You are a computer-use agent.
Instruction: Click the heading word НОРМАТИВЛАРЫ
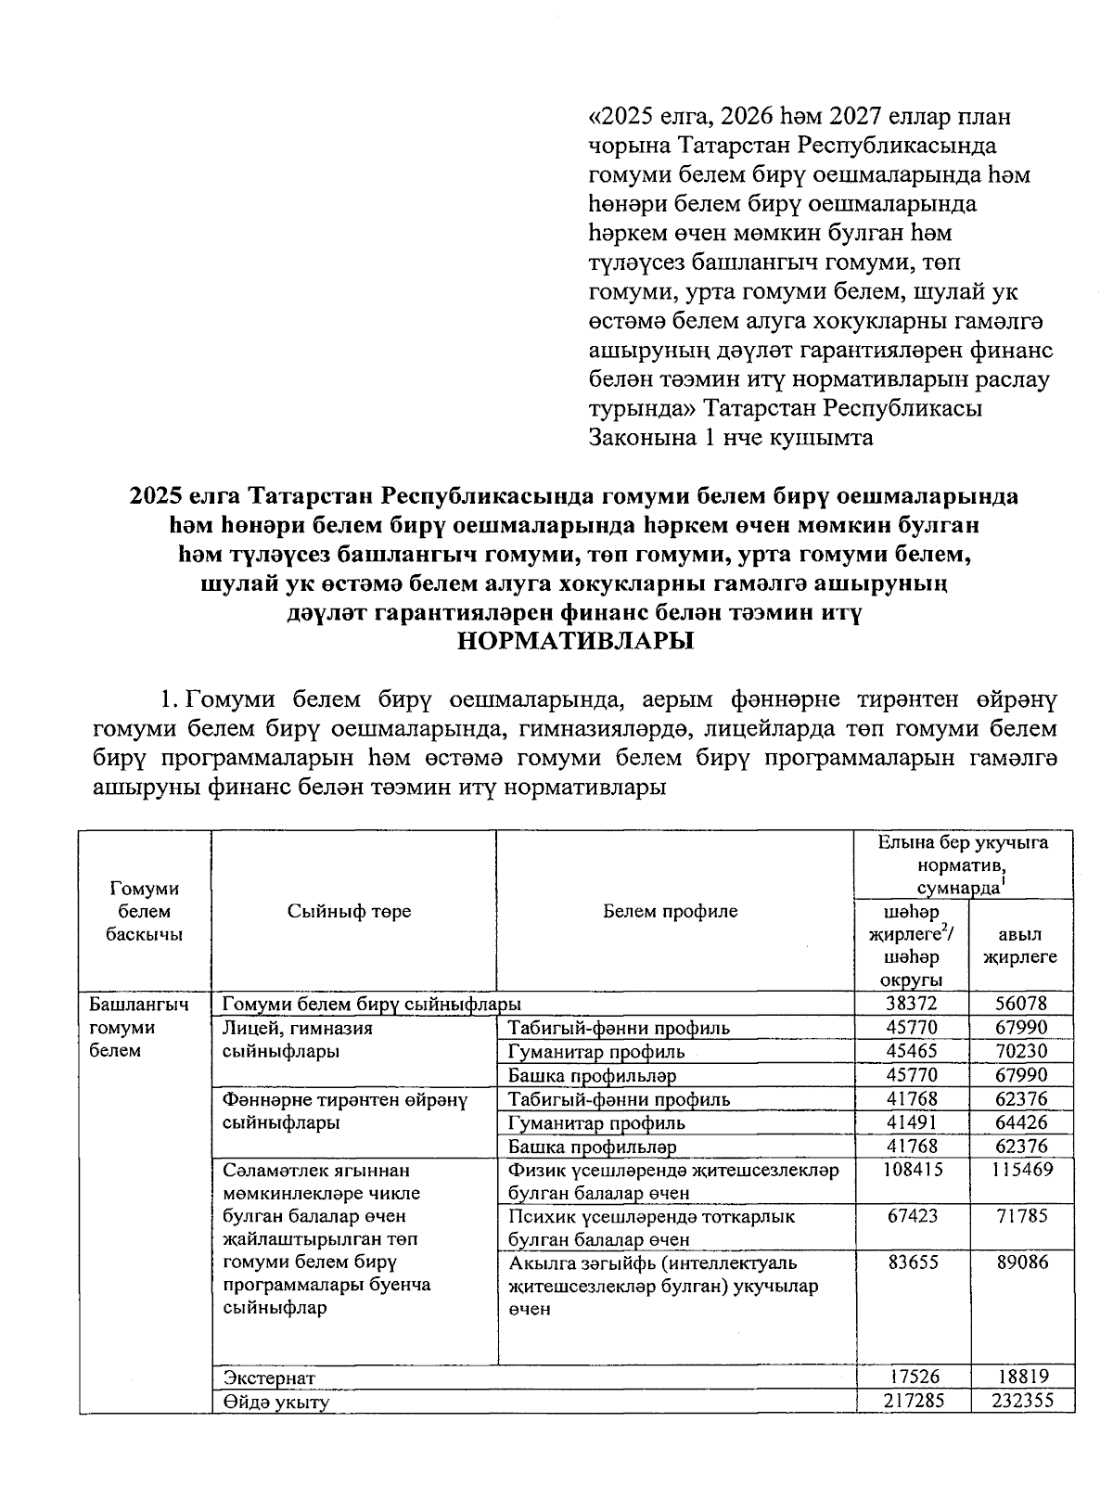tap(576, 642)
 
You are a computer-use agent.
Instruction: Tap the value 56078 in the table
tap(1021, 1004)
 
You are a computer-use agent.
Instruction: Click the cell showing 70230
tap(1021, 1052)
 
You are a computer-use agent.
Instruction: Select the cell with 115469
tap(1021, 1170)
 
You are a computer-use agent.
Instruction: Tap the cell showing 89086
tap(1021, 1262)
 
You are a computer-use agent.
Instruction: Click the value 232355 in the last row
tap(1021, 1401)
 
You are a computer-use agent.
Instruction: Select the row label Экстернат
tap(269, 1378)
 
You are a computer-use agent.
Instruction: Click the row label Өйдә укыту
tap(275, 1402)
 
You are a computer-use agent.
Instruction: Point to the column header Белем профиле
tap(670, 911)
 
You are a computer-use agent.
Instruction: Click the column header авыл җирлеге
tap(1020, 945)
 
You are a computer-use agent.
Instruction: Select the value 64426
tap(1021, 1123)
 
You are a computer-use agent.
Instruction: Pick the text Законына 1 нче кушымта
tap(731, 438)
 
